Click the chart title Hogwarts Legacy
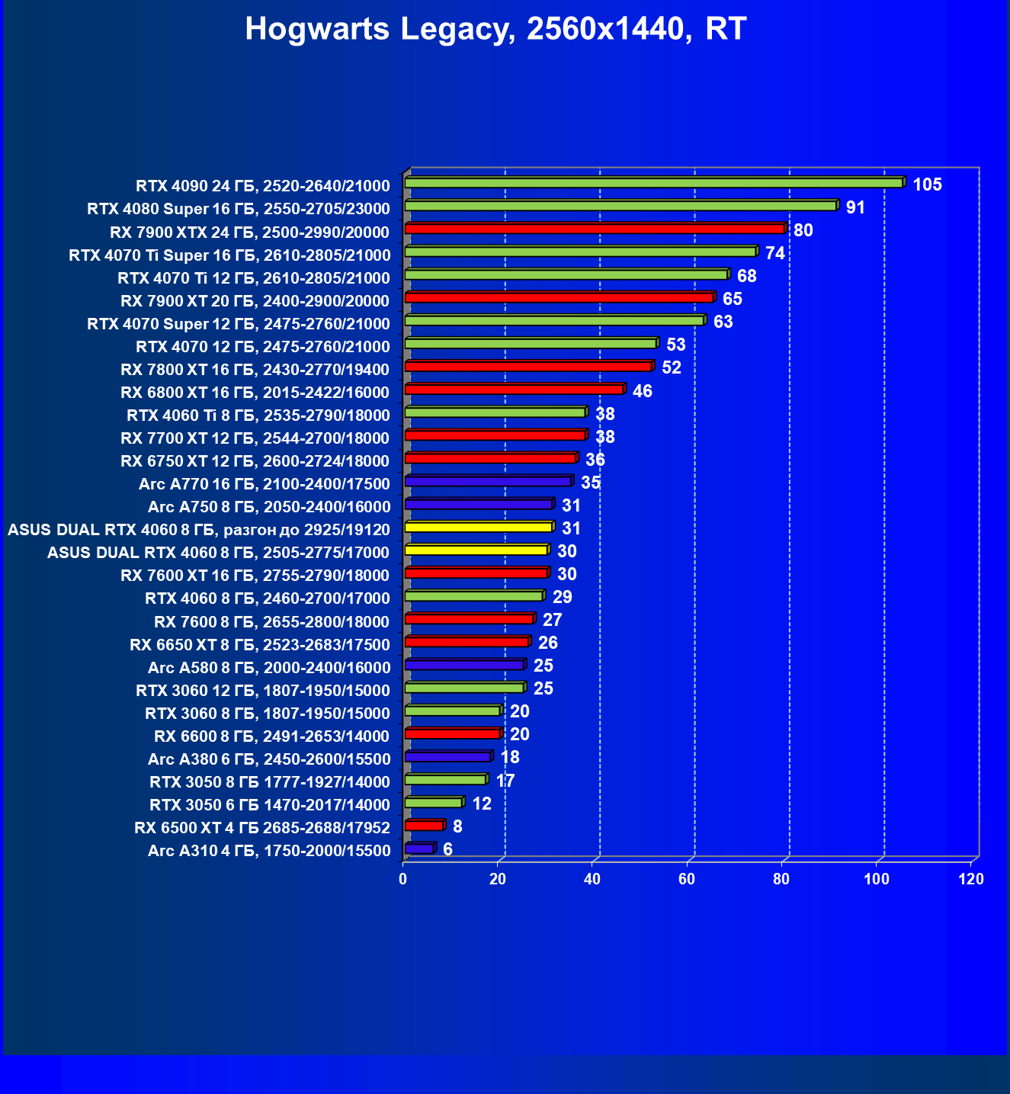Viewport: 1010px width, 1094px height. tap(495, 29)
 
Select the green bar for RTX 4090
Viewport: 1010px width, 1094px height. tap(653, 183)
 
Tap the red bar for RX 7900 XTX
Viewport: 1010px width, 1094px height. tap(595, 229)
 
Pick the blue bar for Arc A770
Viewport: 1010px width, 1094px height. tap(488, 481)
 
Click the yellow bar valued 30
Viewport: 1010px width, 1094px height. tap(476, 550)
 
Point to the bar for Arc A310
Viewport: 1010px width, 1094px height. tap(419, 848)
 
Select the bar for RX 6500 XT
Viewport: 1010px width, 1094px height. tap(424, 825)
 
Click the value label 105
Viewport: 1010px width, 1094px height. tap(927, 184)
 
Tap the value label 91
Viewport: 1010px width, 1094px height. tap(855, 207)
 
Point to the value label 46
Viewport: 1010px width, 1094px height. tap(642, 391)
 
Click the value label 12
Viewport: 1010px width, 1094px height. tap(482, 804)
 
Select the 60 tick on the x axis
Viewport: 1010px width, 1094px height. tap(687, 879)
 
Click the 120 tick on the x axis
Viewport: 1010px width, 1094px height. tap(971, 879)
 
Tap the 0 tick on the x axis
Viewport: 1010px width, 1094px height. tap(403, 879)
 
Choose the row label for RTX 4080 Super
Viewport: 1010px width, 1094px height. tap(239, 209)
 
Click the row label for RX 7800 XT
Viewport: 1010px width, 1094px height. tap(255, 370)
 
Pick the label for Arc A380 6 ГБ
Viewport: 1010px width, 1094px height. tap(269, 759)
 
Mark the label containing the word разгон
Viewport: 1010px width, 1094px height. tap(199, 530)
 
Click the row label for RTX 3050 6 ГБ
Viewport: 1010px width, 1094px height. tap(270, 805)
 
